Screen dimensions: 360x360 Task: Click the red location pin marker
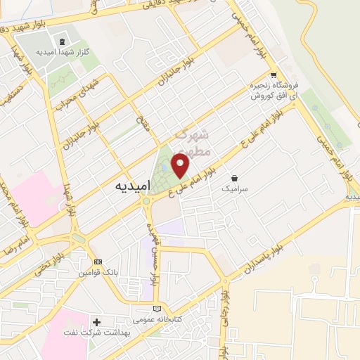click(x=181, y=165)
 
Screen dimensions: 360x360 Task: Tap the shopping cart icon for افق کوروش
click(x=274, y=75)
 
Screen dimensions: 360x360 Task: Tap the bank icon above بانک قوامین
click(x=97, y=261)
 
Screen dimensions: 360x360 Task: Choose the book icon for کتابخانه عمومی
click(x=157, y=309)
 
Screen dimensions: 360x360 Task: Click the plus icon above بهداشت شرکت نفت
click(x=96, y=321)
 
